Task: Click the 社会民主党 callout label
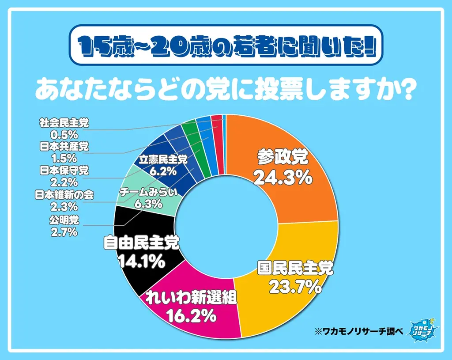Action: pyautogui.click(x=64, y=123)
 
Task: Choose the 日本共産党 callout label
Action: pyautogui.click(x=64, y=147)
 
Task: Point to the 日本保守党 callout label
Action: pyautogui.click(x=64, y=170)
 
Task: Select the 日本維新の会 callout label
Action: pyautogui.click(x=64, y=194)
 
